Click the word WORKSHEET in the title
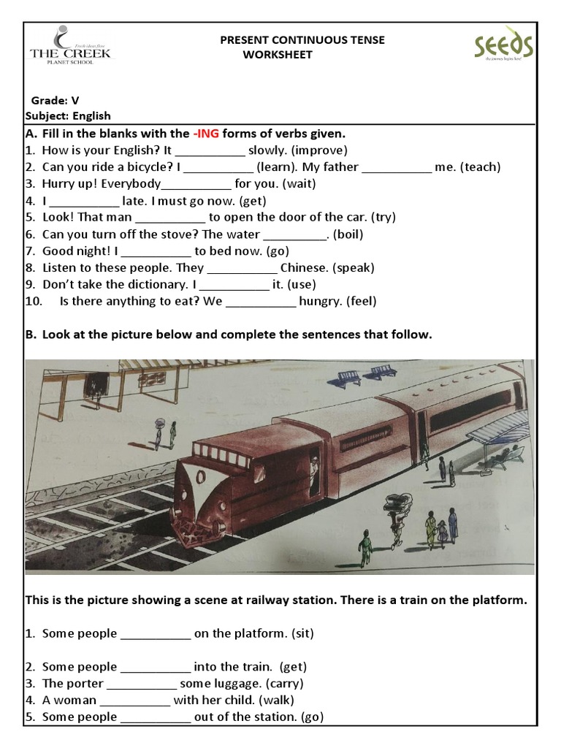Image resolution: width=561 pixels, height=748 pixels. coord(278,55)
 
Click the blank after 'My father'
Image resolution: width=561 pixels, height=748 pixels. coord(397,167)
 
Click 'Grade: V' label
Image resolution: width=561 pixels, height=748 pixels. coord(55,100)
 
